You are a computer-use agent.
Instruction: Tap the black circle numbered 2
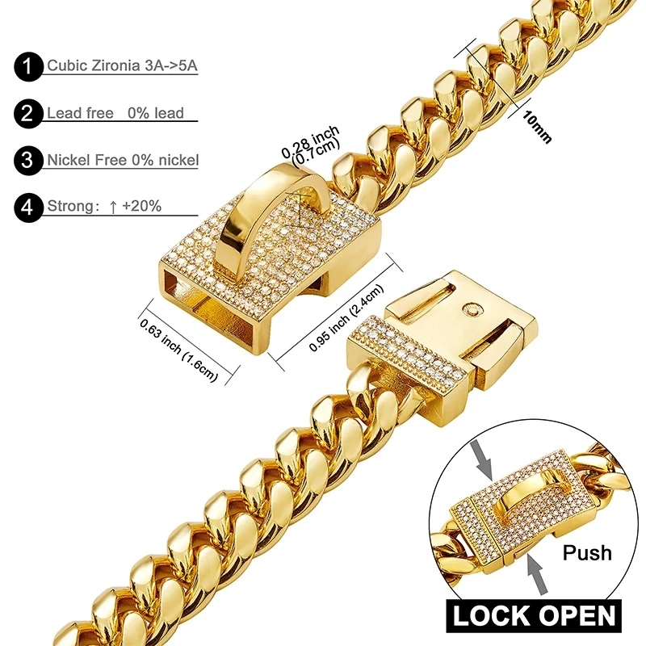[29, 114]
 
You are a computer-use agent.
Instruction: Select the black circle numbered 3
[29, 161]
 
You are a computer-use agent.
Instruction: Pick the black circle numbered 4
[29, 207]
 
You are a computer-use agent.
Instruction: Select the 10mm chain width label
[536, 126]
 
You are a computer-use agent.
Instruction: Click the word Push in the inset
[587, 553]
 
